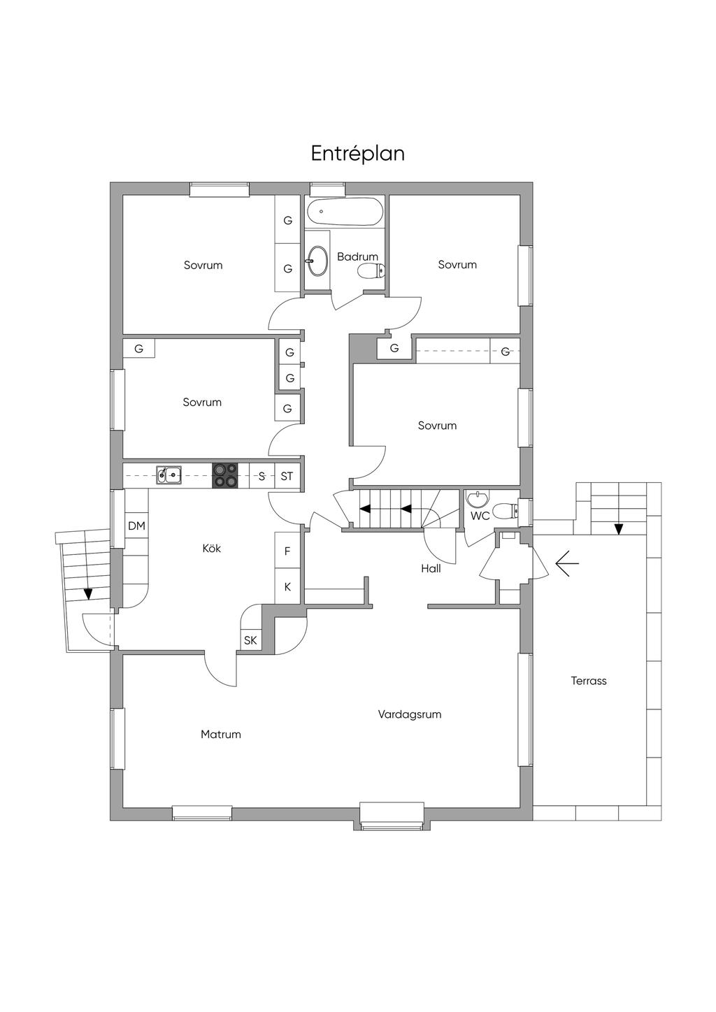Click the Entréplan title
coord(357,154)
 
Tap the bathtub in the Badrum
coord(345,212)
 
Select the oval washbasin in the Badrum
coord(318,261)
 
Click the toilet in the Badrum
coord(371,271)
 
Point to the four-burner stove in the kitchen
coord(225,476)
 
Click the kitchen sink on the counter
coord(169,475)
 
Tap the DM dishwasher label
coord(136,526)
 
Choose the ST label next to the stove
coord(287,476)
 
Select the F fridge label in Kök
coord(287,551)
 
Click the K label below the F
coord(287,587)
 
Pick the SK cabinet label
coord(250,640)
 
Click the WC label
coord(480,516)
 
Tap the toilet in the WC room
coord(505,512)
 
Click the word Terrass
coord(589,681)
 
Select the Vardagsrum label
coord(410,714)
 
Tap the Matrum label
coord(220,734)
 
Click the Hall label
coord(431,568)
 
